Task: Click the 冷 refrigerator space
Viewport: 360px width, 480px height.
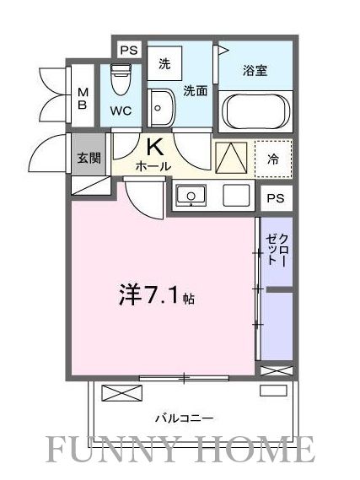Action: pos(273,157)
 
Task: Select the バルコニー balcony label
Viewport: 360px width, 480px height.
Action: pos(183,418)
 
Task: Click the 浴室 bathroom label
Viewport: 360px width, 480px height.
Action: pos(256,71)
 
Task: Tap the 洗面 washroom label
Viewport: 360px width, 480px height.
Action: pos(195,90)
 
